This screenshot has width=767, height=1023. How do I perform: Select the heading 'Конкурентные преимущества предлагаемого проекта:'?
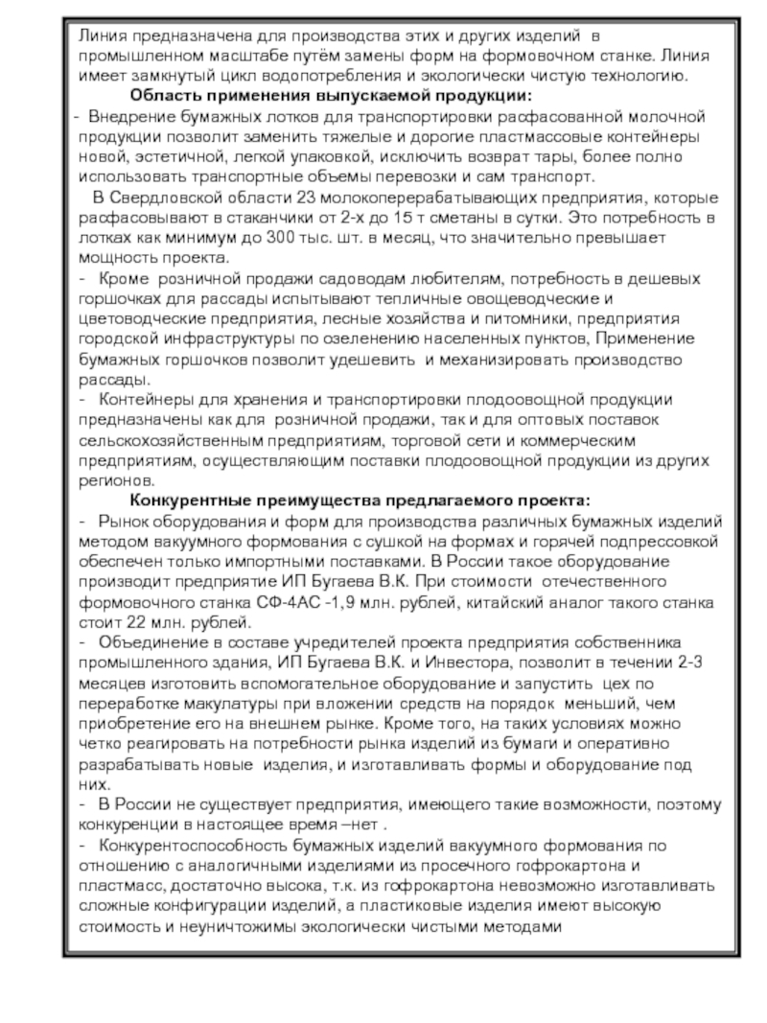[360, 501]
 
